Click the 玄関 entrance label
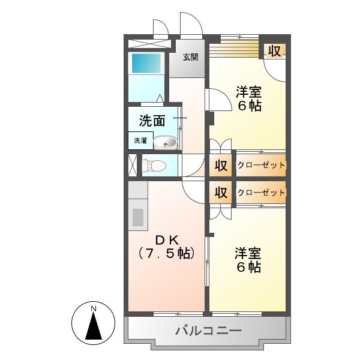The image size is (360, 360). [x=190, y=58]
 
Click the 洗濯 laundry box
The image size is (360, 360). [x=139, y=140]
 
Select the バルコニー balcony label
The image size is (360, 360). [x=208, y=330]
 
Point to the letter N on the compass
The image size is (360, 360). [x=93, y=309]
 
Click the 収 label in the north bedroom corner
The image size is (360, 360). [x=274, y=51]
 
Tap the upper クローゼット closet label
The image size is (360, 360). [x=261, y=165]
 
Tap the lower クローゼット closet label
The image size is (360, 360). [x=261, y=193]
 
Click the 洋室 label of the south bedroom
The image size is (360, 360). [x=248, y=253]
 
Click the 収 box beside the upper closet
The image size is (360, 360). [x=221, y=165]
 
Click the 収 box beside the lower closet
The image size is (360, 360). [x=221, y=193]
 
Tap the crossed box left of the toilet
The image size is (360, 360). [x=132, y=165]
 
